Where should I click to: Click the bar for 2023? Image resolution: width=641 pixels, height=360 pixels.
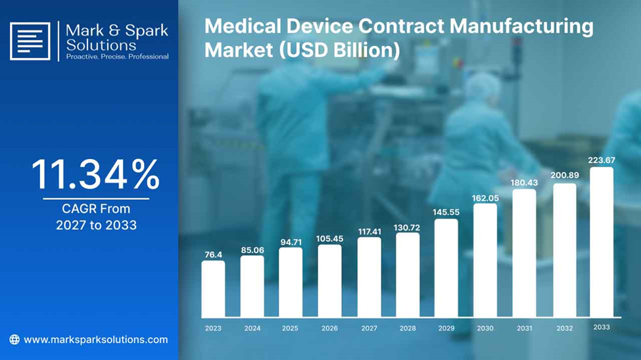click(x=213, y=289)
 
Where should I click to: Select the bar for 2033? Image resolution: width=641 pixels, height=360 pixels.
click(x=602, y=242)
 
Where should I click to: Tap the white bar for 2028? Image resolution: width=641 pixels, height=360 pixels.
click(x=408, y=275)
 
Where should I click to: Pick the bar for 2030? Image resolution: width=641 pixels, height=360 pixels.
click(x=485, y=260)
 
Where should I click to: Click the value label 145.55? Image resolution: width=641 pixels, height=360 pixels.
click(x=446, y=212)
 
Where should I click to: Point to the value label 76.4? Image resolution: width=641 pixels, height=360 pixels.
click(x=214, y=255)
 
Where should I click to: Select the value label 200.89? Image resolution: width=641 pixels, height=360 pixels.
click(x=565, y=175)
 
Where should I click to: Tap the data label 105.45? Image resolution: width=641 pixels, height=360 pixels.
click(x=329, y=238)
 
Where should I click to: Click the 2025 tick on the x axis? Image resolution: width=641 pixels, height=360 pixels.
click(x=290, y=328)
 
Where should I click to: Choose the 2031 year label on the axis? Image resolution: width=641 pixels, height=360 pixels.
click(x=525, y=328)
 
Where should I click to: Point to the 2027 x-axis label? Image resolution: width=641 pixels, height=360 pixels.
click(x=369, y=328)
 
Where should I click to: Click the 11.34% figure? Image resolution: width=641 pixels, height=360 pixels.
click(x=96, y=175)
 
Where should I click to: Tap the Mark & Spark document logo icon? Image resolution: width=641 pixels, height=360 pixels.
click(x=30, y=41)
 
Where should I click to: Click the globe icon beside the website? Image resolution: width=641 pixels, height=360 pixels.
click(x=14, y=340)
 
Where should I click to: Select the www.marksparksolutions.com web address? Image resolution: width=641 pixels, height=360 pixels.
click(x=96, y=340)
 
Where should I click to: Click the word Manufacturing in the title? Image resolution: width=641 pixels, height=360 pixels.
click(x=521, y=27)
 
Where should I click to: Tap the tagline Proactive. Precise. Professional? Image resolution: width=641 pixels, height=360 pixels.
click(x=117, y=56)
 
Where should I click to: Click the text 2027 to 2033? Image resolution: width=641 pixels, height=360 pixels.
click(x=96, y=225)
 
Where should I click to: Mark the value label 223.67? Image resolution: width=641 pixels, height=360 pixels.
click(x=602, y=160)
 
